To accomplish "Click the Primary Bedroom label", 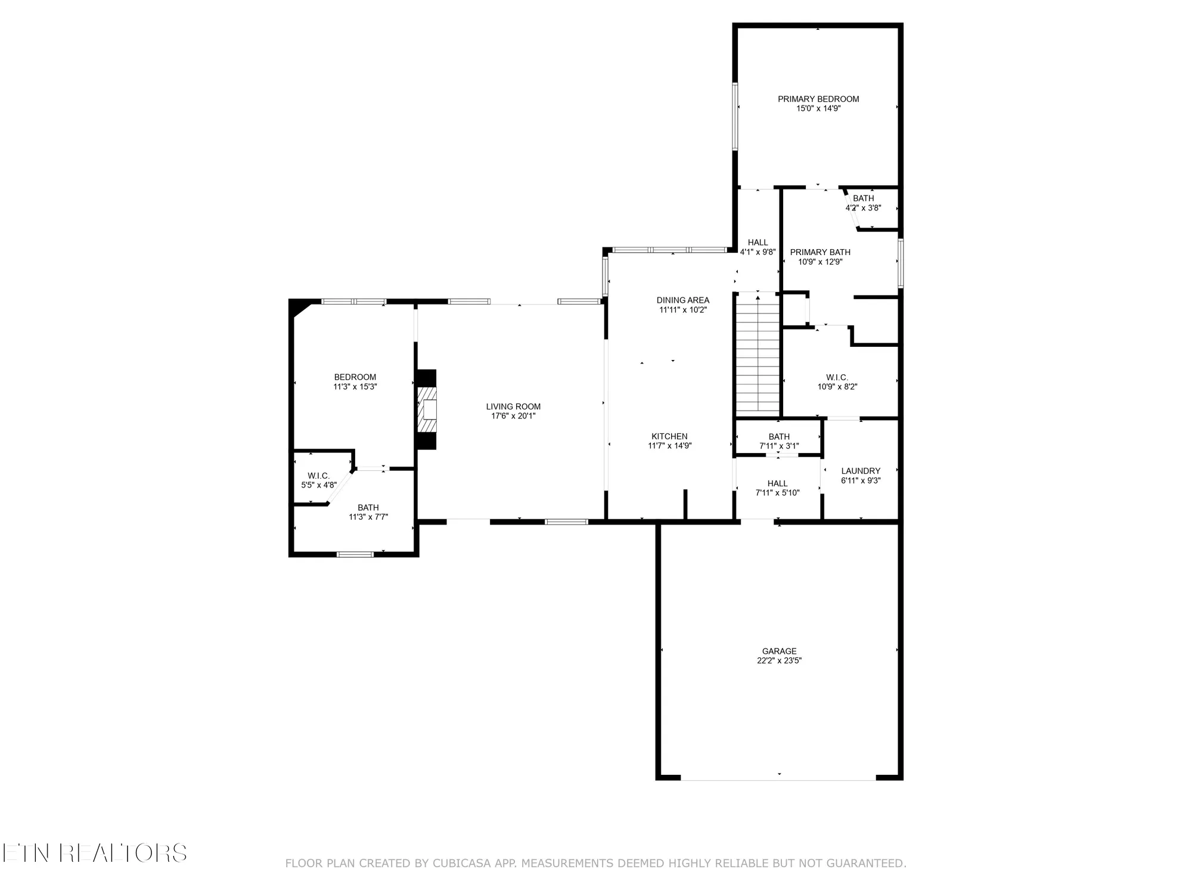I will (818, 99).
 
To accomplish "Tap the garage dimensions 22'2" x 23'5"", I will (779, 660).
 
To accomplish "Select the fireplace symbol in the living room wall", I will (427, 409).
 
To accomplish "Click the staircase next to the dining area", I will (758, 355).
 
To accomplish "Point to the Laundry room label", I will (860, 471).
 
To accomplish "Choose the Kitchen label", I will (669, 436).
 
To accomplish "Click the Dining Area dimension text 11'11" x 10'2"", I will (682, 310).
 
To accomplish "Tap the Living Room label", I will (513, 406).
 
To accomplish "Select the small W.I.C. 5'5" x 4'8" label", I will (319, 476).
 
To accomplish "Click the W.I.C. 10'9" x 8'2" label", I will (837, 377).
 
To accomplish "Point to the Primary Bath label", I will (820, 252).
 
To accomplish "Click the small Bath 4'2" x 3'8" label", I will (863, 198).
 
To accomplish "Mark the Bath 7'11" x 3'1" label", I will (778, 437).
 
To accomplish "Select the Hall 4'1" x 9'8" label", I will (758, 243).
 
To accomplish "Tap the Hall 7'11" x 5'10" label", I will (777, 483).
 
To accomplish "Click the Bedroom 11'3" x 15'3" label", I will (355, 377).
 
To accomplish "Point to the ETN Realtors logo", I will (94, 853).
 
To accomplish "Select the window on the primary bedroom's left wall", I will (735, 116).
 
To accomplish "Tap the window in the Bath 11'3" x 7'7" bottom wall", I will (355, 554).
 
